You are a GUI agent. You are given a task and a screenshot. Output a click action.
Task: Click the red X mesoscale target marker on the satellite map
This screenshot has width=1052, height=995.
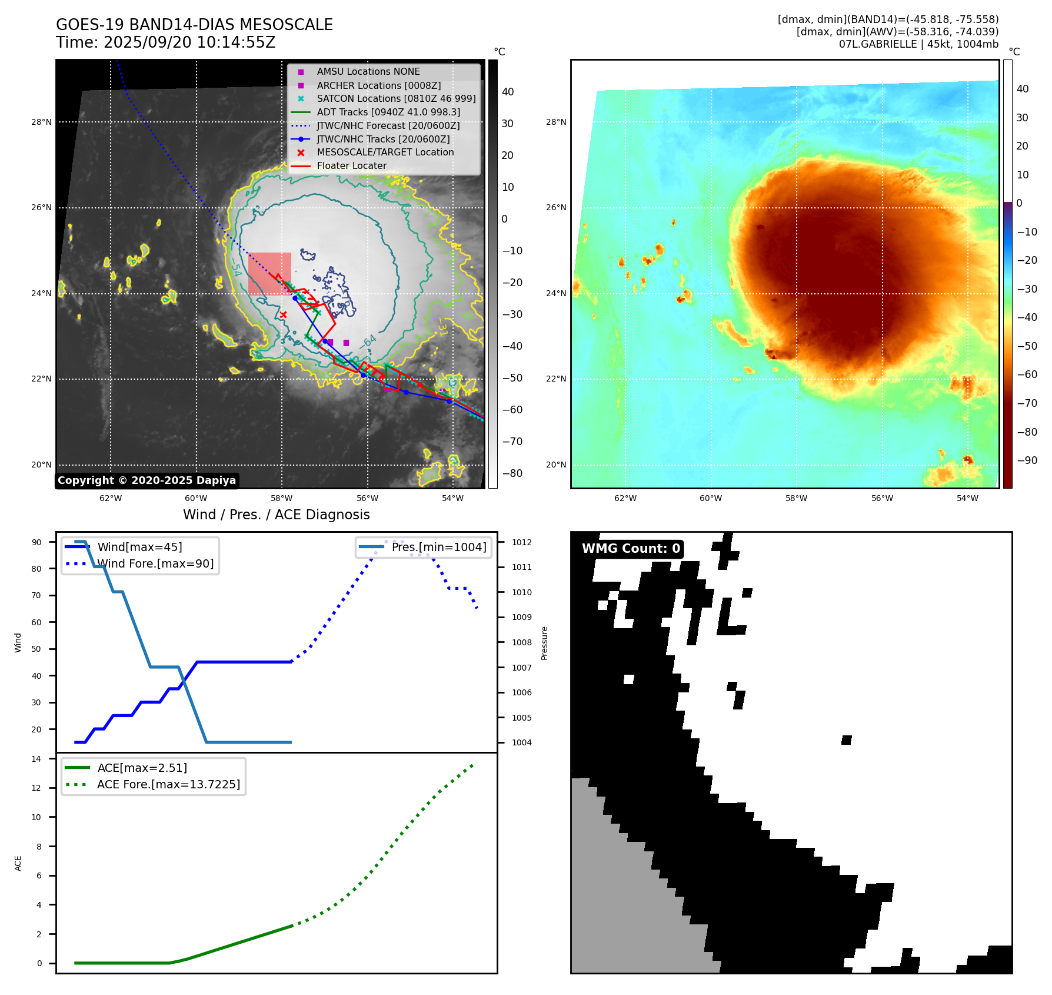coord(284,315)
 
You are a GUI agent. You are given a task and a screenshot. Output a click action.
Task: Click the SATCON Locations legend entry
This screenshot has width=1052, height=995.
coord(396,99)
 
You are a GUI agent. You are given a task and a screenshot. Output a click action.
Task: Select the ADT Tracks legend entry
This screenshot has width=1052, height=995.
coord(388,112)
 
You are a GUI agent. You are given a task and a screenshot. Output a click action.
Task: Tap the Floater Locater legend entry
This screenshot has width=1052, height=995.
coord(351,166)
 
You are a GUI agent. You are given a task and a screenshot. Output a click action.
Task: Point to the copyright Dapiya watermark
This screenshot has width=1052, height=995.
coord(147,480)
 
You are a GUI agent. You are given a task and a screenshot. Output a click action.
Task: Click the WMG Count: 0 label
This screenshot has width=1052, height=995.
coord(631,549)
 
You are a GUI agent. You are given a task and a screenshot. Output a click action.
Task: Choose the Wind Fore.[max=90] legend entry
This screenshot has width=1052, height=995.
coord(155,564)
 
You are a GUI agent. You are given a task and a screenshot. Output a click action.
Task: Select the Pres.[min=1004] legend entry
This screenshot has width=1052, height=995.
coord(439,548)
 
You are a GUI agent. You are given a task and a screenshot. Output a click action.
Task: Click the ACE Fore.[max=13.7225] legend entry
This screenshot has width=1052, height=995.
coord(168,785)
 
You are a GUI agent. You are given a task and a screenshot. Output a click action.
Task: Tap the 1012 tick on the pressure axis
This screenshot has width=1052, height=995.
coord(521,542)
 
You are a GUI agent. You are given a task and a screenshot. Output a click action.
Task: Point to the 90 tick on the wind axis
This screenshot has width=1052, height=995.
coord(37,542)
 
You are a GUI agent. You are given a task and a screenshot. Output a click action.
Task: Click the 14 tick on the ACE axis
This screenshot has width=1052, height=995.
coord(37,759)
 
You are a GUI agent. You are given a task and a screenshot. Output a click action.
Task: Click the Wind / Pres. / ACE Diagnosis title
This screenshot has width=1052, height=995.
coord(277,515)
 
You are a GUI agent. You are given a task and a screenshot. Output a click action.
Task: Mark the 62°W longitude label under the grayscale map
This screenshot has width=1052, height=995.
coord(111,499)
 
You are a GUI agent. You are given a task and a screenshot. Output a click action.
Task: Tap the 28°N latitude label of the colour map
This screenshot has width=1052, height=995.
coord(556,122)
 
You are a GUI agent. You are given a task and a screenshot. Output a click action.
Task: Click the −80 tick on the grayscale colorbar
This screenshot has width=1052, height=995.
coord(512,473)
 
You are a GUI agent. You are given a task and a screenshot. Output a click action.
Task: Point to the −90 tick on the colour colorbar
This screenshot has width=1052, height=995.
coord(1027,460)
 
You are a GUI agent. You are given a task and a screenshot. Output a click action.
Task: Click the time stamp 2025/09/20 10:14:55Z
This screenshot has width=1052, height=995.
coord(189,42)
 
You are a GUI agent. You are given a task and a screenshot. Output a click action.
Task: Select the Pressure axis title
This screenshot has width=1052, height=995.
coord(545,643)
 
